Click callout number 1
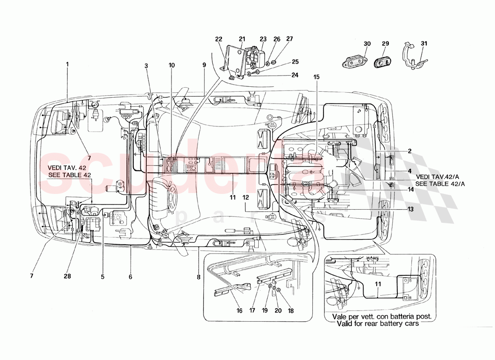[67, 64]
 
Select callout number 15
[317, 77]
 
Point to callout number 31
[424, 44]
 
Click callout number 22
[219, 39]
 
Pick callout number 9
[204, 65]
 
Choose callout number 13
[410, 209]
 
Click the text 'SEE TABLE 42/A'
[440, 184]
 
